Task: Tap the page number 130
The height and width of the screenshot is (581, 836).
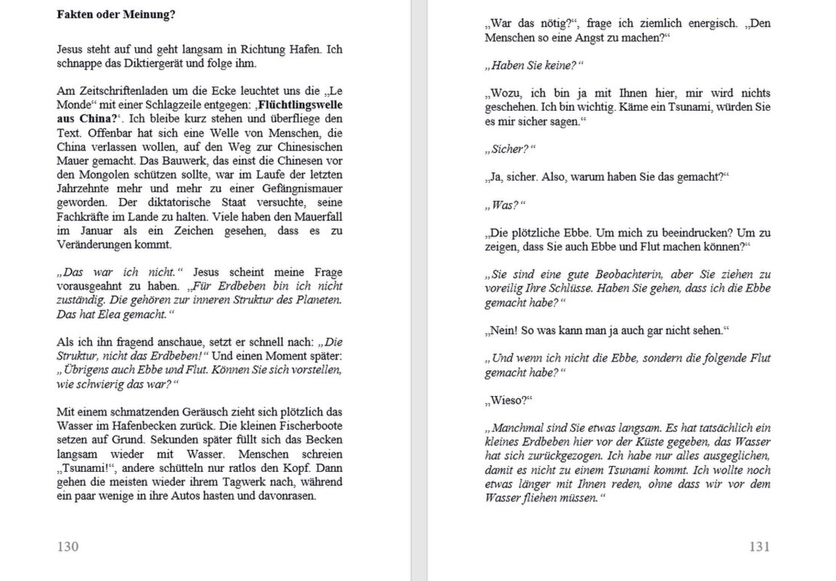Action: click(x=68, y=546)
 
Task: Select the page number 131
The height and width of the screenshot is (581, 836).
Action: click(x=759, y=546)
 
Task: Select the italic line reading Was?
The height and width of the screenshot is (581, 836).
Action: click(x=505, y=205)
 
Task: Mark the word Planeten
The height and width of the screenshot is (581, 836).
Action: click(x=320, y=300)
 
